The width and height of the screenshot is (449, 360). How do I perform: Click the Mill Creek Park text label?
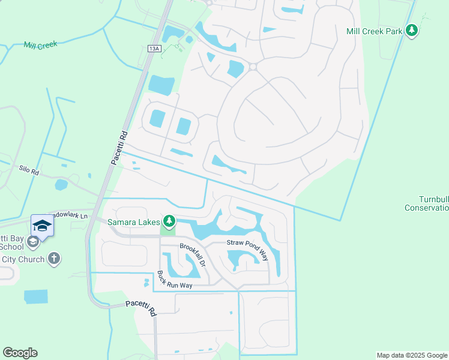tap(374, 30)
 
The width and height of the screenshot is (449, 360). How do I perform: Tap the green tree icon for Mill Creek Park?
tap(411, 30)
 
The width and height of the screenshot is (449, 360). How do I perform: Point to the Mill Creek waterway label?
tap(40, 45)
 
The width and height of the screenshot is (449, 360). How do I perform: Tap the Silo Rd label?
tap(28, 172)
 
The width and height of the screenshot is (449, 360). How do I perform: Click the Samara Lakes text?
tap(134, 222)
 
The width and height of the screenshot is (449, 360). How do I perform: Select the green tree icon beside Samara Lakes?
tap(170, 222)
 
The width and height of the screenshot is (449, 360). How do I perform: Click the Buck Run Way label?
tap(175, 281)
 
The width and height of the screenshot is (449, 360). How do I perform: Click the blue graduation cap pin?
tap(43, 225)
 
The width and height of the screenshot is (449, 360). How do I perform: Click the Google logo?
tap(20, 352)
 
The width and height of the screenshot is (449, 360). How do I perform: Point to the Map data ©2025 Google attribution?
tap(411, 355)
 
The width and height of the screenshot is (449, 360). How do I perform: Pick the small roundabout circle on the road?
tap(253, 67)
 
